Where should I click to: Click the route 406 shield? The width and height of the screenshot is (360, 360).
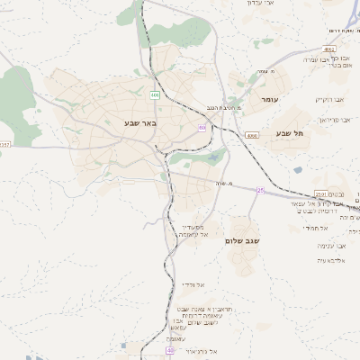pyautogui.click(x=155, y=94)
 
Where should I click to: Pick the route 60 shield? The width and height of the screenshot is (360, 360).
pyautogui.click(x=202, y=128)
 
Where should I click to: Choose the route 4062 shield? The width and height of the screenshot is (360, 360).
pyautogui.click(x=329, y=49)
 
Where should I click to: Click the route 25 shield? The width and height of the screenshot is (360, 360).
pyautogui.click(x=261, y=190)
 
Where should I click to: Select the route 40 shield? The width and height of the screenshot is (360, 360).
pyautogui.click(x=170, y=349)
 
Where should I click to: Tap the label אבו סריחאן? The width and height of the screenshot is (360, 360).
pyautogui.click(x=334, y=119)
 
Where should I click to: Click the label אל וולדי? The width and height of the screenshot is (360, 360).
pyautogui.click(x=192, y=284)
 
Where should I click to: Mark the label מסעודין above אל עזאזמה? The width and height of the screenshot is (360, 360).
pyautogui.click(x=191, y=227)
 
